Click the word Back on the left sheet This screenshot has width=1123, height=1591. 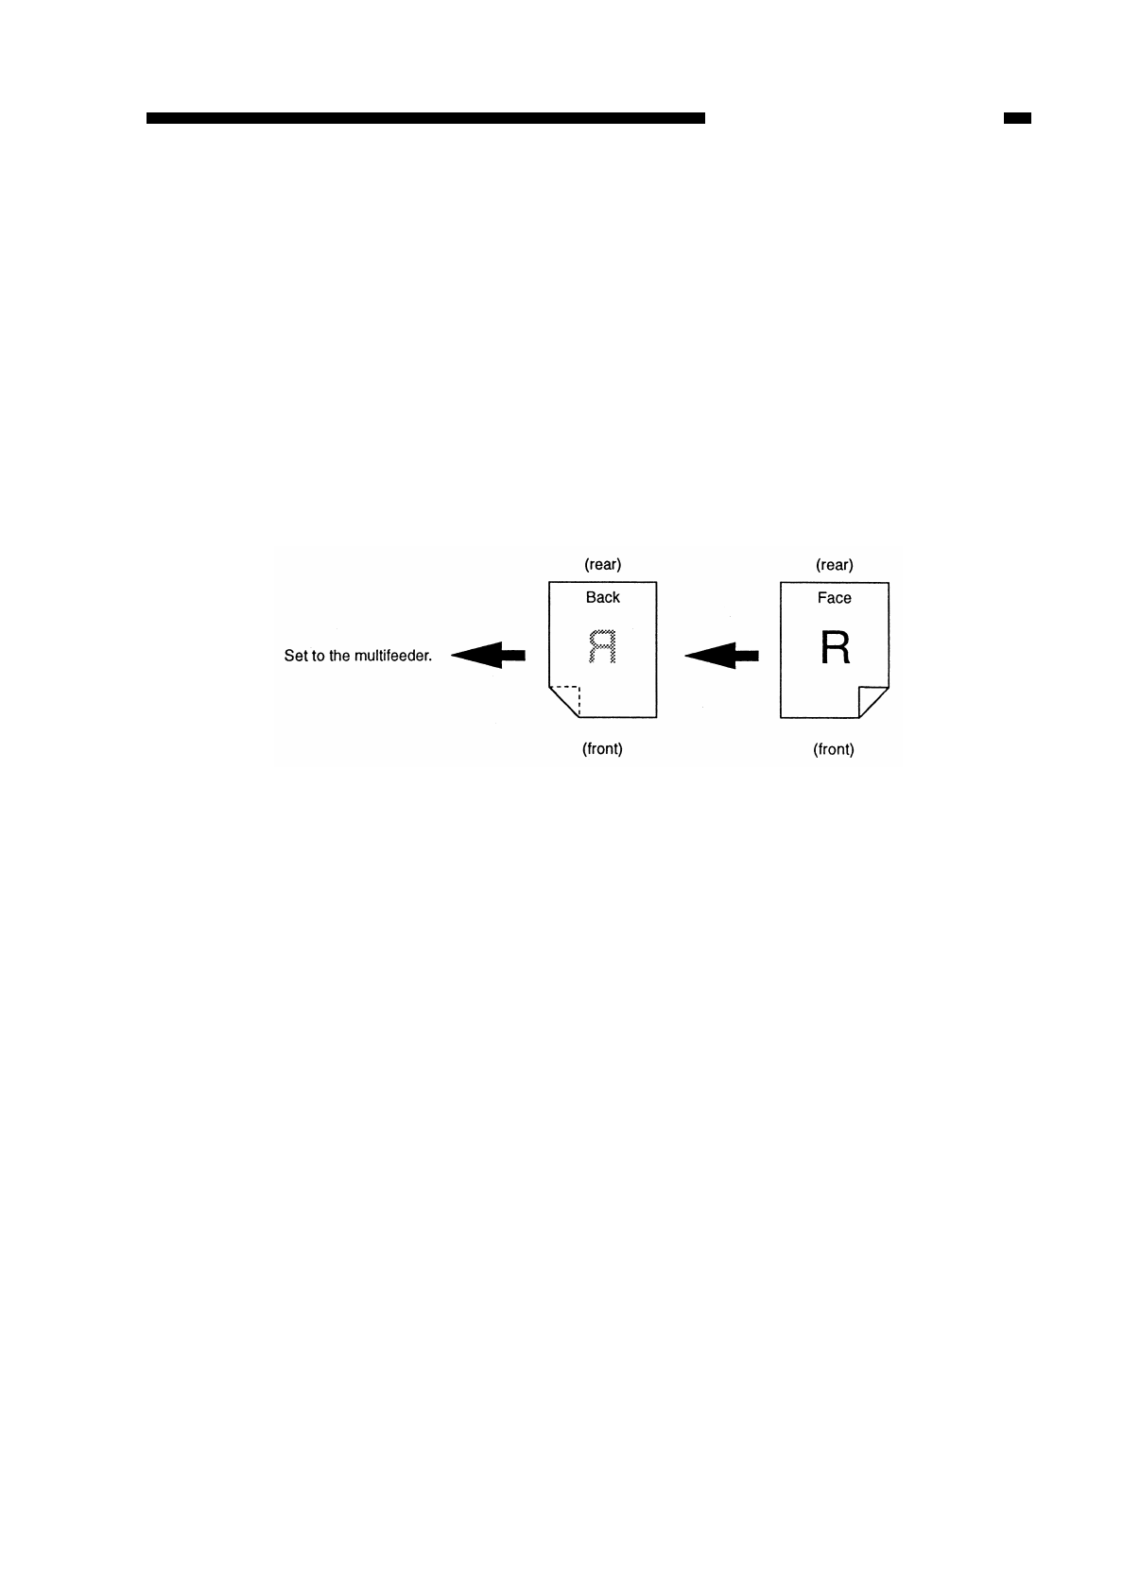coord(602,597)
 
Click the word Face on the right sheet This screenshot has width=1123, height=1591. coord(834,598)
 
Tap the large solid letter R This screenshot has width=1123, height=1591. coord(835,648)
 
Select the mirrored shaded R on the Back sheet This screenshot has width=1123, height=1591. coord(602,647)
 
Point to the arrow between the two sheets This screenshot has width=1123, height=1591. coord(721,655)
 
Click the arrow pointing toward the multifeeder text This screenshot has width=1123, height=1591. coord(488,655)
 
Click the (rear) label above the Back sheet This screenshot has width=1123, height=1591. coord(602,565)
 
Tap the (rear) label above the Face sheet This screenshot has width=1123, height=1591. coord(834,565)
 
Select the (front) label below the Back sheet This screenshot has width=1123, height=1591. coord(602,749)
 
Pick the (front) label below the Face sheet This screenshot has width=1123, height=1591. coord(834,749)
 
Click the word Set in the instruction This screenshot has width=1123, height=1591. coord(295,656)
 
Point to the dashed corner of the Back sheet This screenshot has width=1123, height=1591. coord(566,700)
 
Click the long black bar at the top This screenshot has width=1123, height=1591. coord(425,118)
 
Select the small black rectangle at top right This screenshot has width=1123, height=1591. coord(1017,118)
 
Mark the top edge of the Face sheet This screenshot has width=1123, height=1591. coord(834,582)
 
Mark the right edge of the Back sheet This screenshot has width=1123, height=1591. coord(656,652)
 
